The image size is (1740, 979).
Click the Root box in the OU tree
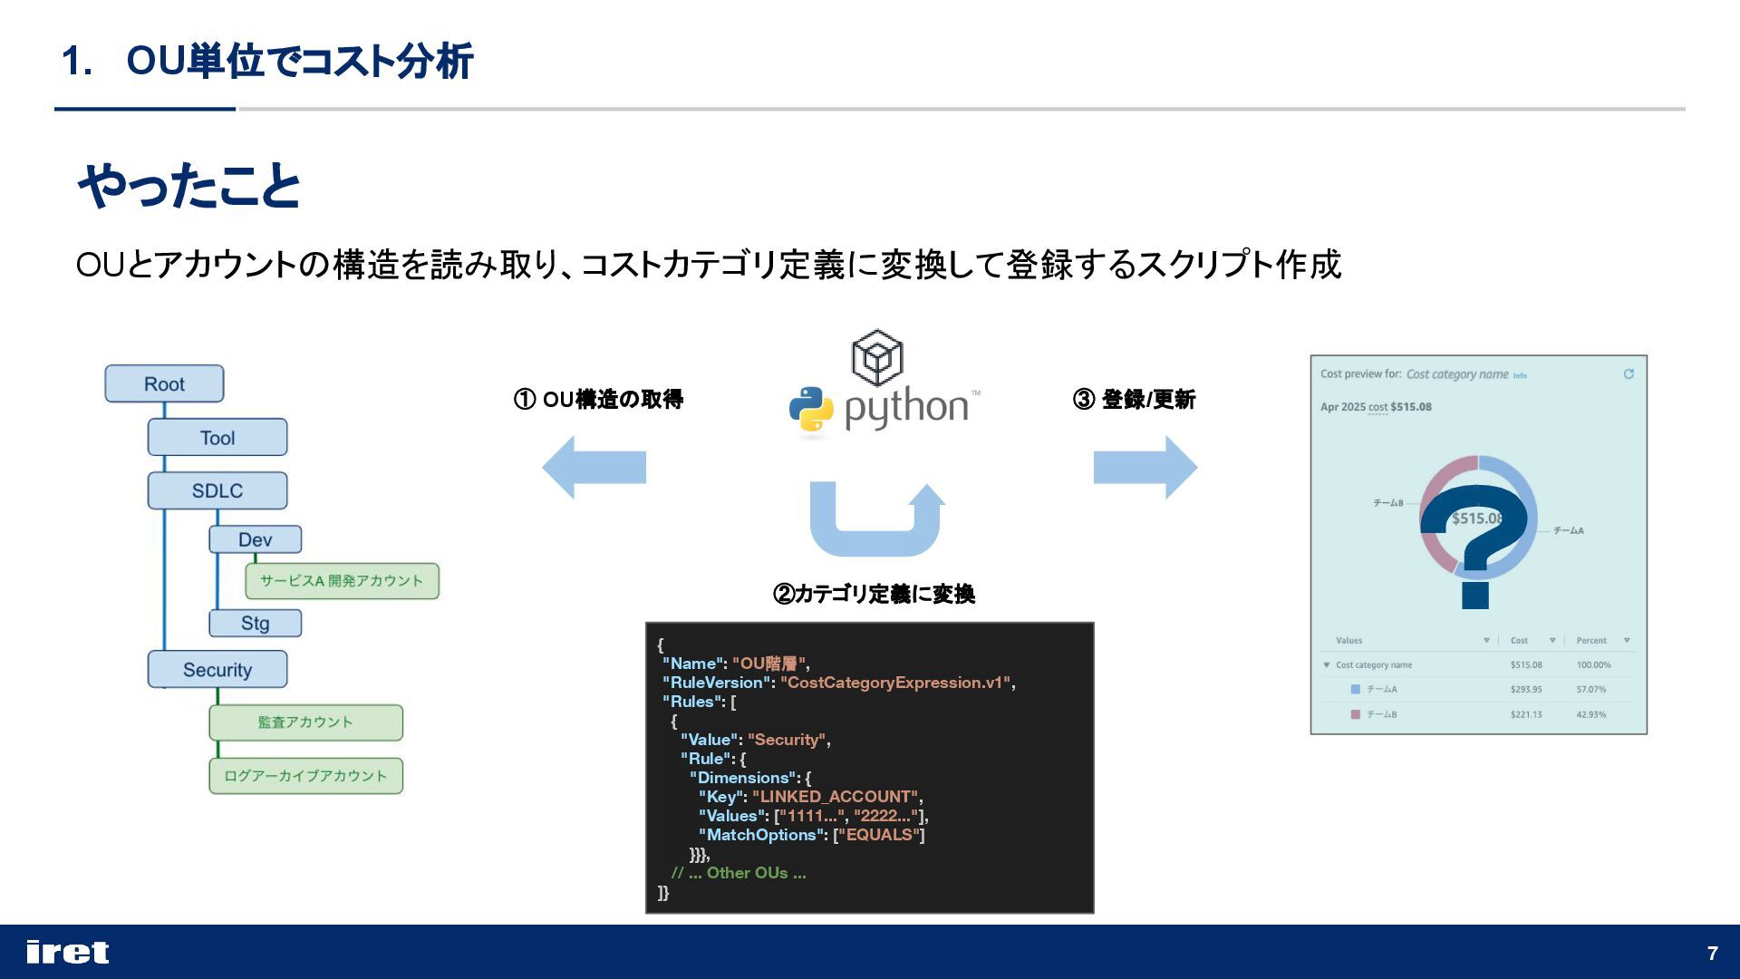(164, 383)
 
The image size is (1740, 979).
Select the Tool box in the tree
(217, 437)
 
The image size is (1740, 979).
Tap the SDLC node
(217, 490)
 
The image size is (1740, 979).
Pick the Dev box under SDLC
(255, 539)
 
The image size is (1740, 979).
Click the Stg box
(255, 623)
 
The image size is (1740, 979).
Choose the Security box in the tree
(217, 669)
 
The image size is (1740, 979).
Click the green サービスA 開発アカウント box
(342, 581)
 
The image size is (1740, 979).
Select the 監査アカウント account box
(305, 722)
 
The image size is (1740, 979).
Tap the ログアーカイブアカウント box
(305, 776)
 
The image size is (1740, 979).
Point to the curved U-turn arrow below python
(875, 521)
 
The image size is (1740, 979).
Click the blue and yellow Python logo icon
(811, 409)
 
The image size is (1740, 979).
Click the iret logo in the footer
(68, 952)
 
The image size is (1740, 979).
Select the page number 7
(1712, 953)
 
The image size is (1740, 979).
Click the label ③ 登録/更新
(1134, 399)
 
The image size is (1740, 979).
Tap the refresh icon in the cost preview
(1629, 373)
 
